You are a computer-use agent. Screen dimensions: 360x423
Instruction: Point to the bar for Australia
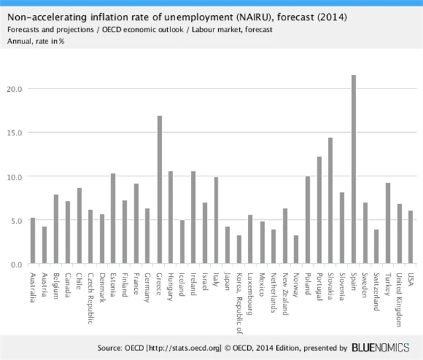32,241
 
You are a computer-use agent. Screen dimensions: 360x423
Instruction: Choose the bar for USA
410,237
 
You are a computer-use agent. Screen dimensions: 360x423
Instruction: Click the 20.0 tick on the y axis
15,89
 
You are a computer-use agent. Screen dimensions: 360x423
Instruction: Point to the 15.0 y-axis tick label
15,132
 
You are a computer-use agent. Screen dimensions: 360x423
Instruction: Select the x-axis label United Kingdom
399,299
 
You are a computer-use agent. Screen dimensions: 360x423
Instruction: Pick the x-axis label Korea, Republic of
239,301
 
